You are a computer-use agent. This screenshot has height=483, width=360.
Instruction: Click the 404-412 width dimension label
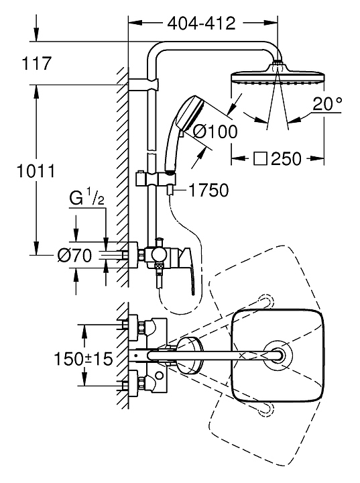(201, 23)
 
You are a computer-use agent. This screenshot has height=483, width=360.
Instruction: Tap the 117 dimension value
(36, 64)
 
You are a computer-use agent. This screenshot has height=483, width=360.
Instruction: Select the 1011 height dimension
(36, 171)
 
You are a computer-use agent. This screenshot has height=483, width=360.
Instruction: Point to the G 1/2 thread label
(86, 199)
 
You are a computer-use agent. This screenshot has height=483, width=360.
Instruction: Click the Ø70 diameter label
(75, 256)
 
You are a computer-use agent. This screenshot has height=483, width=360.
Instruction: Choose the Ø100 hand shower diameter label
(215, 132)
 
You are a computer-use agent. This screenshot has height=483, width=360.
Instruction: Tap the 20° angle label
(327, 104)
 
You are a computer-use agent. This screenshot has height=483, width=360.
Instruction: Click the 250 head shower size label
(286, 159)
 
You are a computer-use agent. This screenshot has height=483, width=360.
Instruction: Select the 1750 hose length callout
(208, 190)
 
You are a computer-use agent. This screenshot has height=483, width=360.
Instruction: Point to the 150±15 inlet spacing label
(83, 358)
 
